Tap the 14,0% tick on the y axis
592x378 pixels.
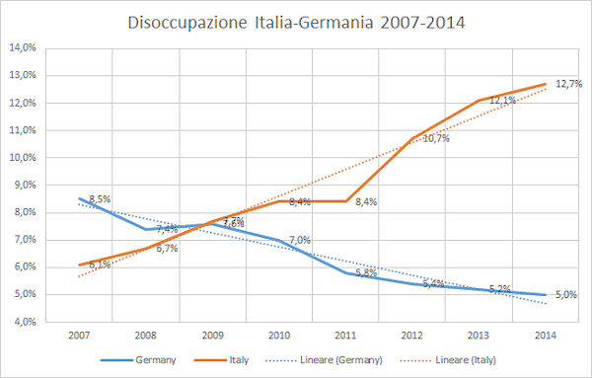[24, 47]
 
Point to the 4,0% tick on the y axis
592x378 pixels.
[24, 322]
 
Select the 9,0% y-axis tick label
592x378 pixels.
[24, 185]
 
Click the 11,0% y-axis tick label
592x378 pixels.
[24, 130]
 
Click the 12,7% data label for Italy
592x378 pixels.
[567, 84]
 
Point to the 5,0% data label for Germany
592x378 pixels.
[567, 294]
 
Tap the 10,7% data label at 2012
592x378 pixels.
[436, 139]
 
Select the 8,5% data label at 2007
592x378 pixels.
[100, 199]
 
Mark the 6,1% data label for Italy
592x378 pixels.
[100, 265]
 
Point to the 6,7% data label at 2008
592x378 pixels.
[167, 249]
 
